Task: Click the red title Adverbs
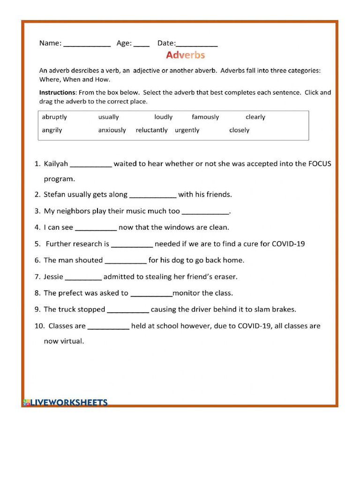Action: (185, 55)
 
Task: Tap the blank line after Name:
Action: (87, 45)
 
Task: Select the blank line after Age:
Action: (142, 45)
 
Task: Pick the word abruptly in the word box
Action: (54, 117)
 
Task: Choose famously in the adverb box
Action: (205, 117)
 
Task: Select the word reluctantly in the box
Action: (151, 130)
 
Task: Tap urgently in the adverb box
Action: (187, 130)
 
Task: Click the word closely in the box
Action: (239, 130)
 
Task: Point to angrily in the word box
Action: (52, 130)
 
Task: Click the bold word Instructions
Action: (57, 92)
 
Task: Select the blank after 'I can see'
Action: (96, 229)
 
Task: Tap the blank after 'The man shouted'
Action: (126, 262)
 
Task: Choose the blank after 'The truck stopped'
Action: (128, 311)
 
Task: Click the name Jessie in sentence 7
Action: (53, 277)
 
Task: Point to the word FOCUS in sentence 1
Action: (319, 164)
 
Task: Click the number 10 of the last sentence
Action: (39, 326)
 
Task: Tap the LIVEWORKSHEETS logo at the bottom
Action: (65, 402)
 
